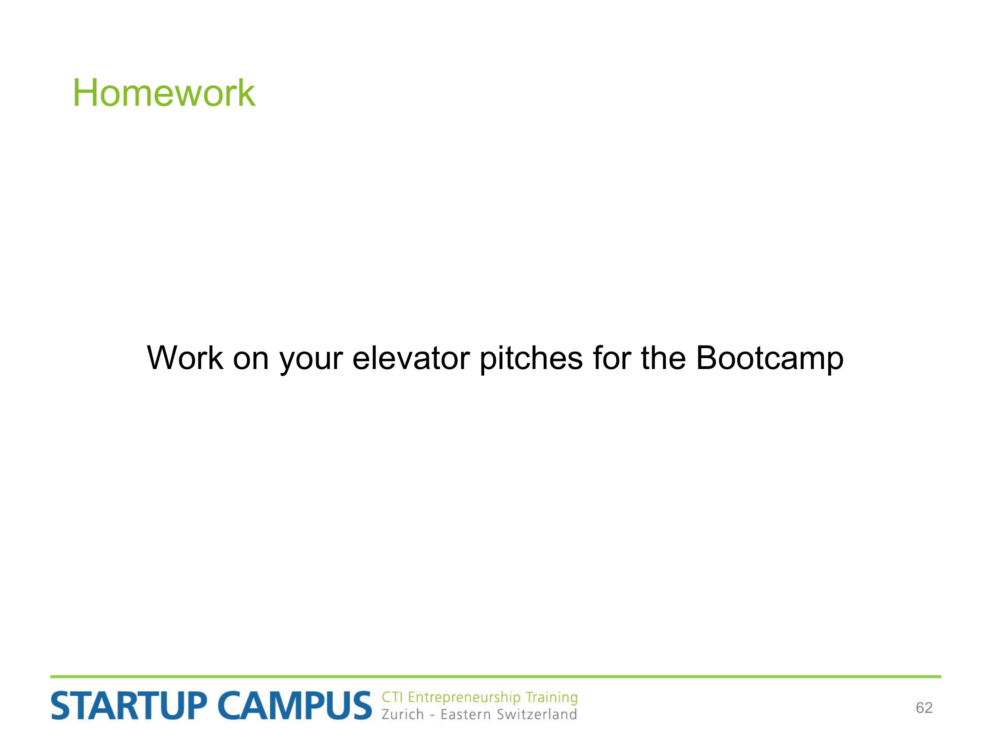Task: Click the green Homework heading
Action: click(164, 93)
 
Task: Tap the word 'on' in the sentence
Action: click(251, 361)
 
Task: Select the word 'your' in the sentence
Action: click(311, 362)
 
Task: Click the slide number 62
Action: click(924, 708)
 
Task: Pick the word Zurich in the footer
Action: click(403, 714)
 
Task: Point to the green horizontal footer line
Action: click(496, 676)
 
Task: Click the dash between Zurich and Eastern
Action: click(432, 715)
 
